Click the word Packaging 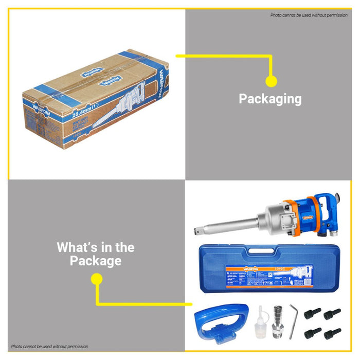270,99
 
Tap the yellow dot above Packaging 271,81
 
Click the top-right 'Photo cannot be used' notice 309,15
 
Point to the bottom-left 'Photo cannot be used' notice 49,347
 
